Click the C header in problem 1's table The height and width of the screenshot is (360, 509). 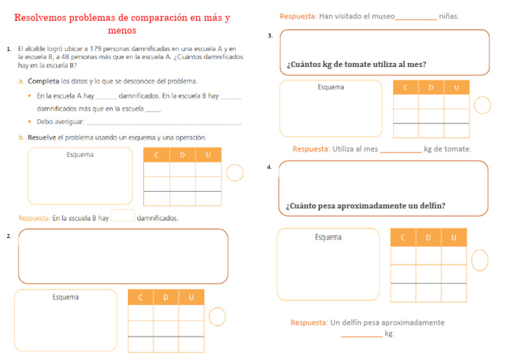coord(156,155)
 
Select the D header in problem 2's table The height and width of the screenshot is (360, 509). coord(166,298)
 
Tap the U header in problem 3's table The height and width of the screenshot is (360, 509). coord(456,88)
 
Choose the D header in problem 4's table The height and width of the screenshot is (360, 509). coord(428,237)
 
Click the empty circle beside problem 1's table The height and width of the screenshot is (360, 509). coord(235,173)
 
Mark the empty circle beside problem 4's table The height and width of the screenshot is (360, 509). coord(479,261)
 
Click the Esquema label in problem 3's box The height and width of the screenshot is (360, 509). coord(331,88)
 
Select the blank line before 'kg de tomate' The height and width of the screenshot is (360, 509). coord(400,150)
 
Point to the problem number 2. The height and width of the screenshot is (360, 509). coord(8,235)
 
